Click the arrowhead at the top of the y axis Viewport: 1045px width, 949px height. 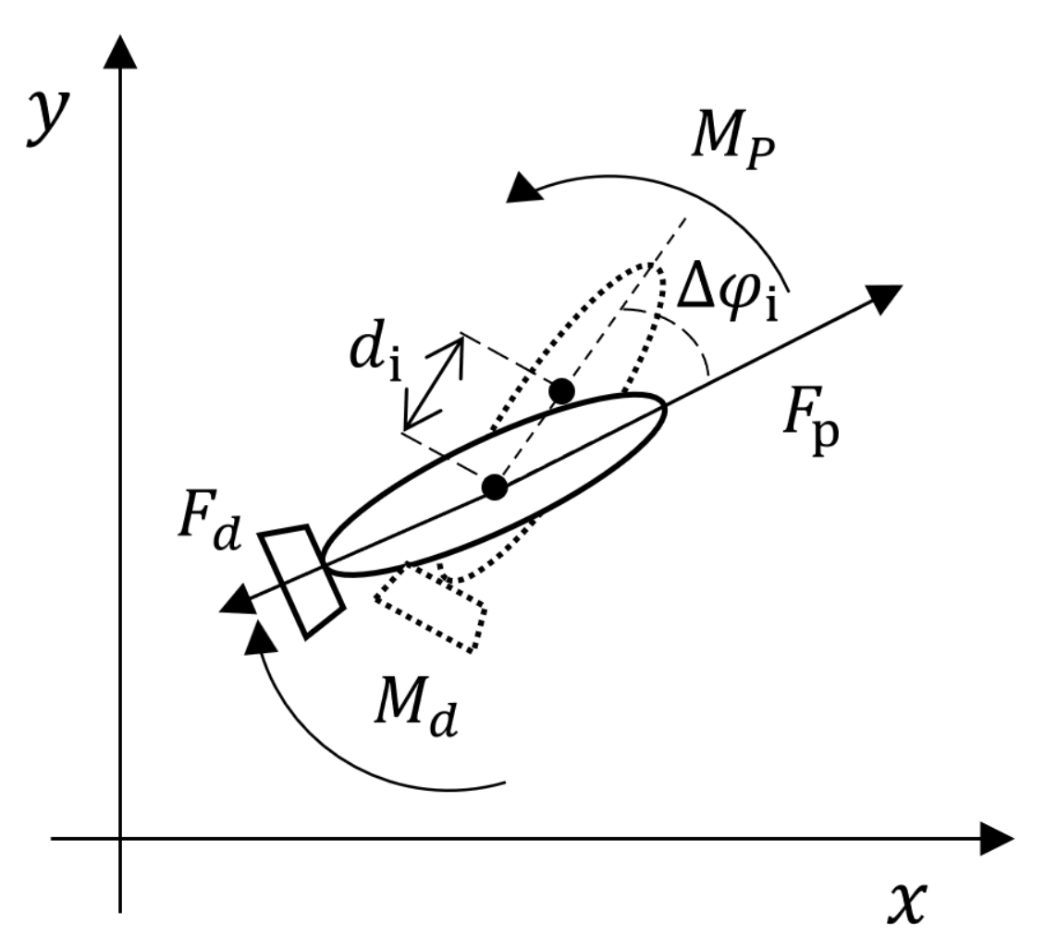pos(120,52)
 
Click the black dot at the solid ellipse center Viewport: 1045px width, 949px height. pos(496,487)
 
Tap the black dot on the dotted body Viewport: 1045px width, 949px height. pos(560,391)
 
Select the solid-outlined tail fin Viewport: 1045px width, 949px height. pos(301,580)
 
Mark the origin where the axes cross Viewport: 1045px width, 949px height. pos(120,838)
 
